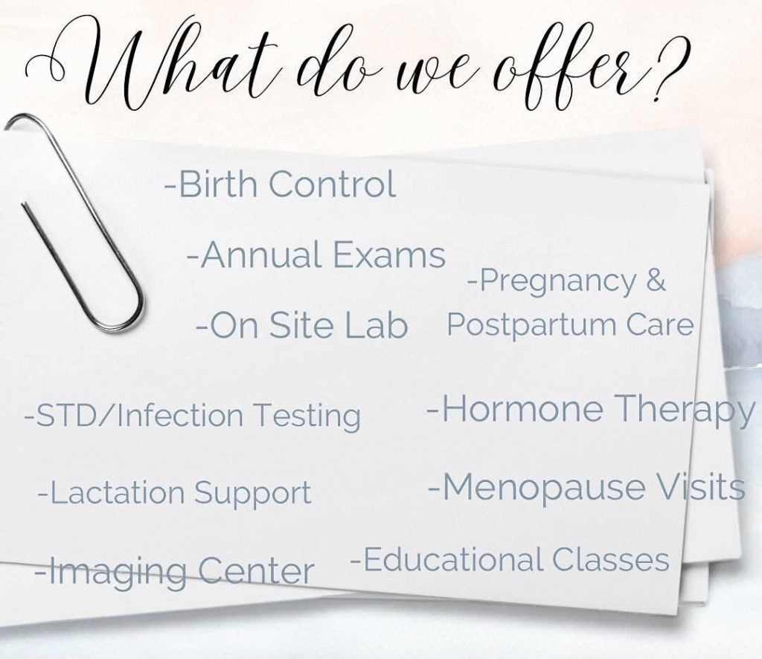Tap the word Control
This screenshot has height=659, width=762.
coord(333,184)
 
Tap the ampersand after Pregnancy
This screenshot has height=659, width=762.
coord(656,280)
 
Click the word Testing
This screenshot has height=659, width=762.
coord(307,417)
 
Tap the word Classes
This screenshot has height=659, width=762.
coord(611,559)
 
